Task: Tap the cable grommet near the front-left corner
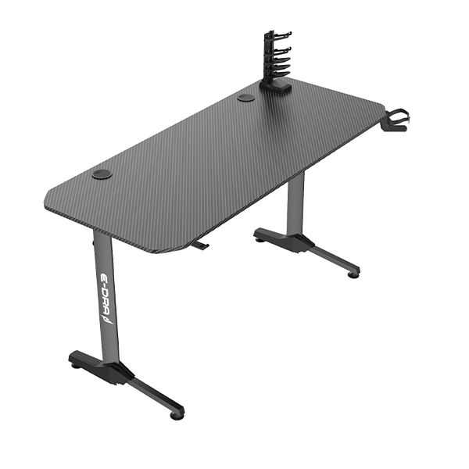click(102, 174)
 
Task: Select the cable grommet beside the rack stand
click(245, 98)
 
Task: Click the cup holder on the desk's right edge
click(396, 120)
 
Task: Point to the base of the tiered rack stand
click(275, 88)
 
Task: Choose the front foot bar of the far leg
click(332, 258)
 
